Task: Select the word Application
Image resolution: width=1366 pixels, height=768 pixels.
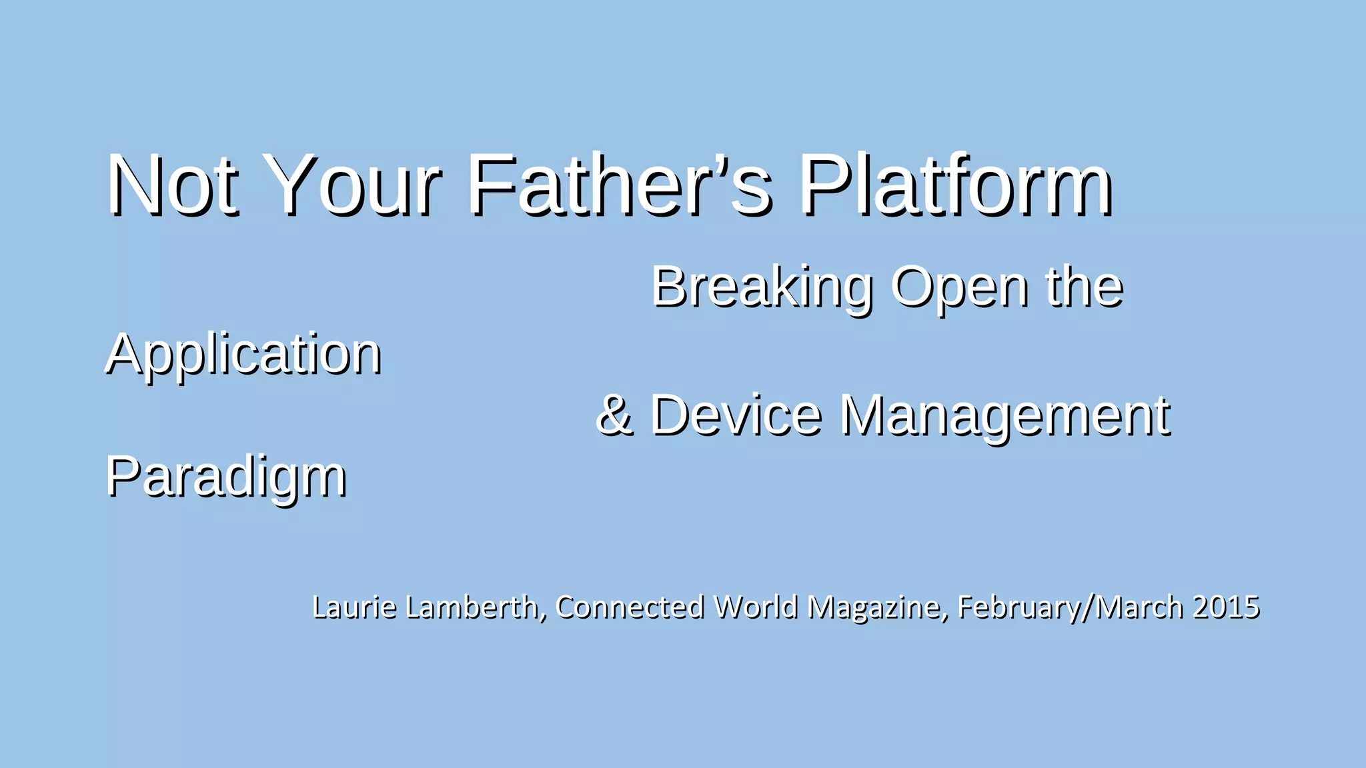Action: coord(243,355)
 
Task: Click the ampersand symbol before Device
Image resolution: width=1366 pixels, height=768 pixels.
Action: coord(614,415)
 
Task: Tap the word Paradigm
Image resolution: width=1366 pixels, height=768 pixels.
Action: coord(226,477)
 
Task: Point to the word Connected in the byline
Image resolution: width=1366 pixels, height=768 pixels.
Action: coord(630,607)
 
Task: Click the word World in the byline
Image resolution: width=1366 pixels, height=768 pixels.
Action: coord(755,607)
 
